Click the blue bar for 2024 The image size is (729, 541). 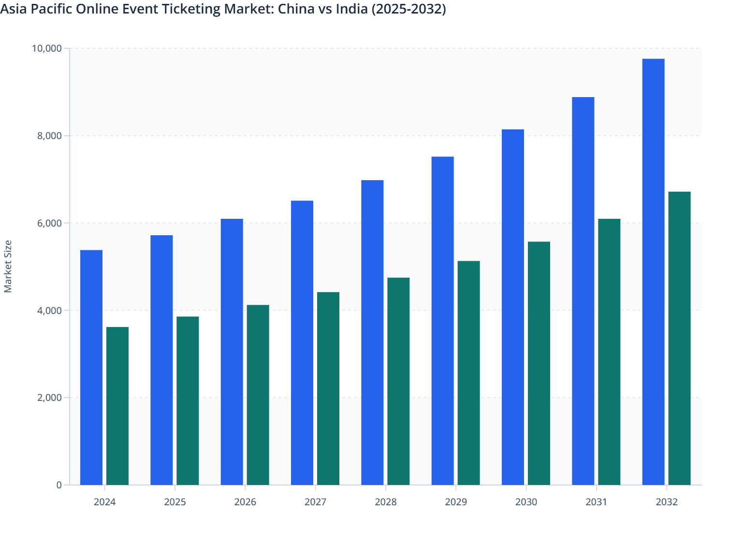[x=91, y=367]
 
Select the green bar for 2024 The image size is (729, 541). [x=117, y=406]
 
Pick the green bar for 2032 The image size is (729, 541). [x=679, y=338]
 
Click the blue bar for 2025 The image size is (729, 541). [x=161, y=360]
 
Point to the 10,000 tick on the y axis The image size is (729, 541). [x=47, y=48]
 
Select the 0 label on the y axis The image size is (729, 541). [x=59, y=485]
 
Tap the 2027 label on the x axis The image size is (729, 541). [x=315, y=502]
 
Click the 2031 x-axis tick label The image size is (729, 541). [x=596, y=502]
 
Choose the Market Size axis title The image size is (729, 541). [x=8, y=266]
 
